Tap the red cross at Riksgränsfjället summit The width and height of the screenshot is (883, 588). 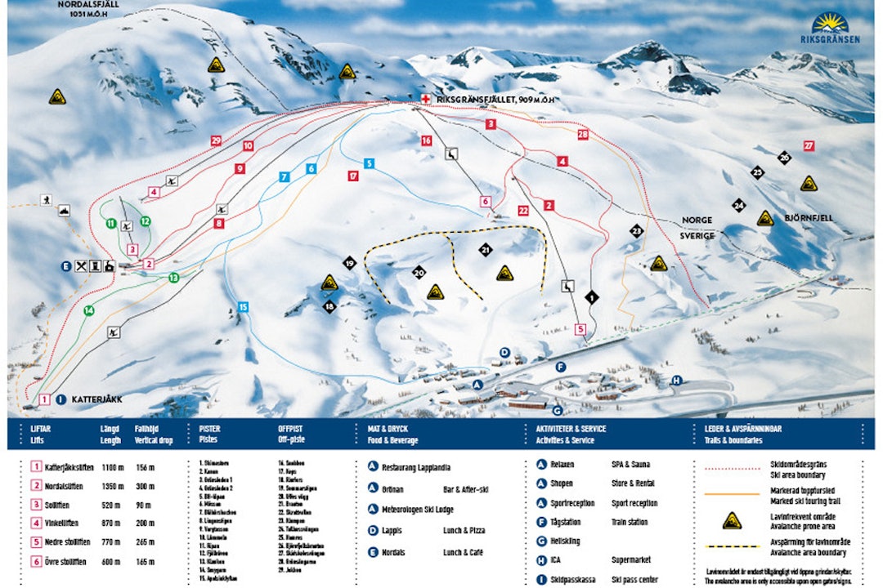point(424,99)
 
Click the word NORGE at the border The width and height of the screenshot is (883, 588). point(697,220)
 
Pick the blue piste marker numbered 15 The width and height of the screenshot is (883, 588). point(243,307)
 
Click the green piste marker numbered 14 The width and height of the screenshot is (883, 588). point(88,310)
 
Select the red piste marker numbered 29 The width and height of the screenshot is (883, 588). point(216,140)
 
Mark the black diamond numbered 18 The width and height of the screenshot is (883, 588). point(329,306)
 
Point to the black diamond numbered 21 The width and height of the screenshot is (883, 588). point(486,250)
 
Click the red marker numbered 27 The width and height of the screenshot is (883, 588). point(808,146)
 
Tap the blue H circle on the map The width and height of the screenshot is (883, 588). point(676,380)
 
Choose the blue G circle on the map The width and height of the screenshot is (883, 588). point(557,410)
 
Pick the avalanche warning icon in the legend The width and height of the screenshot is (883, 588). point(732,520)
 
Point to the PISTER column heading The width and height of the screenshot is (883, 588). point(209,428)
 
